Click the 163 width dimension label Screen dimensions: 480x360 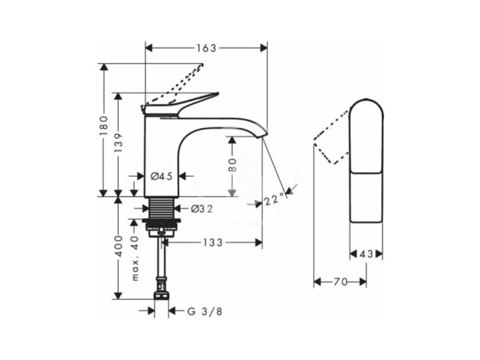pyautogui.click(x=206, y=48)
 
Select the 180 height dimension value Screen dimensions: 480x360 pyautogui.click(x=104, y=126)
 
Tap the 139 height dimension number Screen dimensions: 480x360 pyautogui.click(x=118, y=143)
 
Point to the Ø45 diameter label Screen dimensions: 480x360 pyautogui.click(x=161, y=176)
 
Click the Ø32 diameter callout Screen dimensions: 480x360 pyautogui.click(x=201, y=209)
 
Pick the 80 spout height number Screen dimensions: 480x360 pyautogui.click(x=232, y=165)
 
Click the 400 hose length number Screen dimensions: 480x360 pyautogui.click(x=118, y=246)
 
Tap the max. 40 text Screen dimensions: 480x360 pyautogui.click(x=135, y=258)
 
